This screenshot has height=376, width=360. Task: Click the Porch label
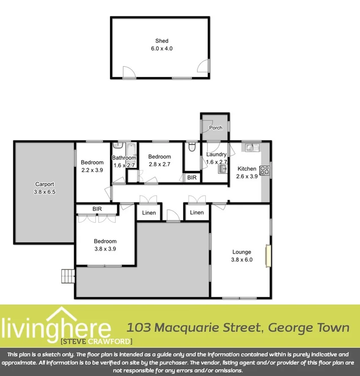point(216,128)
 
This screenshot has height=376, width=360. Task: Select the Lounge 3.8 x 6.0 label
point(242,256)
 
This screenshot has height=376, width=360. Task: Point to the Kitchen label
point(247,169)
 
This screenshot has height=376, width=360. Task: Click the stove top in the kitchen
point(265,170)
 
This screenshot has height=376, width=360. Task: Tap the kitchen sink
point(252,147)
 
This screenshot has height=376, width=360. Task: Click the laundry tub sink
point(222,169)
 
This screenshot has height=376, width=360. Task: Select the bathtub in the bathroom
point(131,149)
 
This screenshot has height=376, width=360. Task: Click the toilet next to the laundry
point(192,148)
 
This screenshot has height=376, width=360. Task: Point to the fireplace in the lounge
point(267,255)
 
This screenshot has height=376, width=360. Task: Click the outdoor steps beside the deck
point(68,276)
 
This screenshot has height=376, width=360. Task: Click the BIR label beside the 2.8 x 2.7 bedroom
point(192,178)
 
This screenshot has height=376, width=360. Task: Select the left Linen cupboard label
point(148,213)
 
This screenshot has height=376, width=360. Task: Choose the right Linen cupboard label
point(196,213)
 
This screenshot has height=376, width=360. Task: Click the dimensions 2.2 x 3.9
point(92,170)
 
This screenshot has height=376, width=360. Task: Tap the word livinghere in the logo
point(56,327)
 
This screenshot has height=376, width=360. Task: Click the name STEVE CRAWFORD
point(97,341)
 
